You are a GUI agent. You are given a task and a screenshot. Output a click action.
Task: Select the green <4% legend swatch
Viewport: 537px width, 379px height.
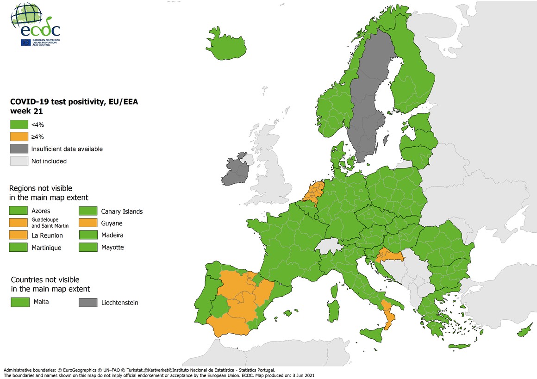19,124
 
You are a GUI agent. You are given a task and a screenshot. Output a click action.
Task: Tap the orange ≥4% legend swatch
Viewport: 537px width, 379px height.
19,137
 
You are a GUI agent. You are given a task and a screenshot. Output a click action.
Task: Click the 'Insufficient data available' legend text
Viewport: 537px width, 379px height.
67,149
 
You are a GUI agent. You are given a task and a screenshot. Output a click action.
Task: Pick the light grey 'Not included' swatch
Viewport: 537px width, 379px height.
19,161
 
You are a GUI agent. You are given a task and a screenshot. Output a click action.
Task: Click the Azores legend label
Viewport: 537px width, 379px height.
41,211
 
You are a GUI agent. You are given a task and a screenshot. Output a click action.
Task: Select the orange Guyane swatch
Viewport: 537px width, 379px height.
87,223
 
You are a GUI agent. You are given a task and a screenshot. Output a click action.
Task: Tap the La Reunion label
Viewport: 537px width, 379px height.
47,236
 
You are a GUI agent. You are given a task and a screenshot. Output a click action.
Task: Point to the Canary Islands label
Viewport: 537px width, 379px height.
122,211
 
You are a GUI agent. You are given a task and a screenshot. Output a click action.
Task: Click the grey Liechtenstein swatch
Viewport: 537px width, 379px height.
87,303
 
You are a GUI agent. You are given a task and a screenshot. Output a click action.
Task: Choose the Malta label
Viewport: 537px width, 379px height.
41,302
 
